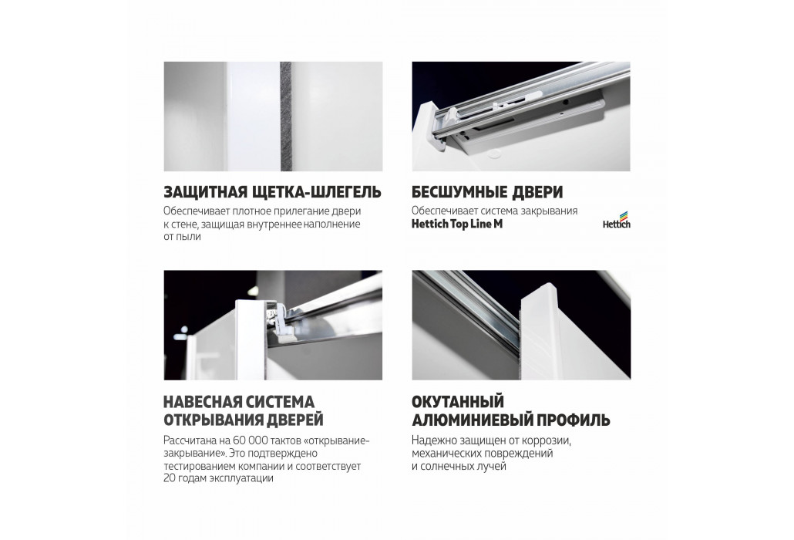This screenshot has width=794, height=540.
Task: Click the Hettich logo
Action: [x=616, y=219]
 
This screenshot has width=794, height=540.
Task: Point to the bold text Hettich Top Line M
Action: [x=457, y=224]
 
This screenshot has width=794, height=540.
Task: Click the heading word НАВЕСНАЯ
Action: [x=201, y=402]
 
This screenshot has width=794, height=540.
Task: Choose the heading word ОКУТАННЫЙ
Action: [x=458, y=402]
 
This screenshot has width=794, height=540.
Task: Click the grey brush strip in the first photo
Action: [x=285, y=116]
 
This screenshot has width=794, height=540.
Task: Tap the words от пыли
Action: [x=182, y=237]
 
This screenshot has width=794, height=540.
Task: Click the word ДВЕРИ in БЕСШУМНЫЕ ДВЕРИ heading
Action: [x=538, y=193]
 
